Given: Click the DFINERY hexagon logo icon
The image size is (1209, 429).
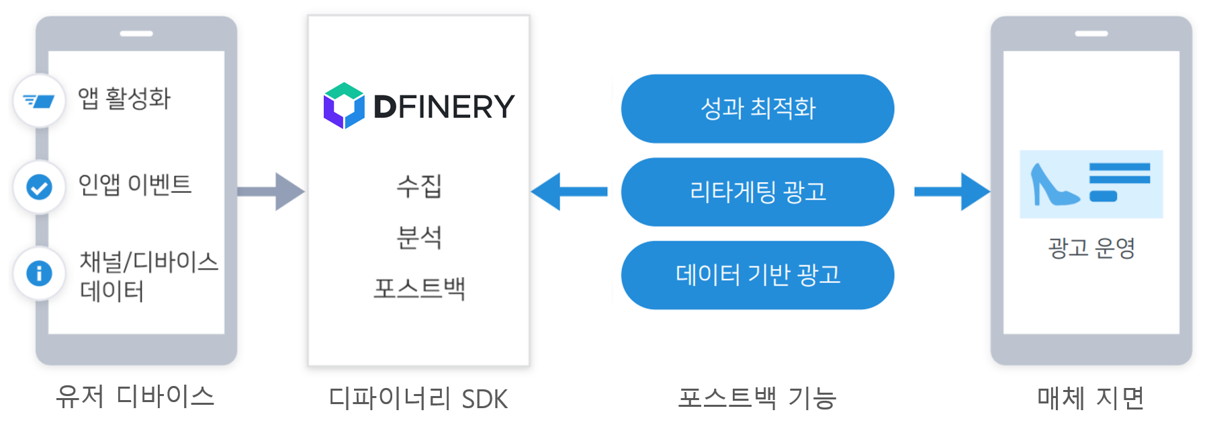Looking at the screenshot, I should pos(344,106).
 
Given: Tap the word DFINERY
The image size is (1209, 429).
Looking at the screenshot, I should pos(444,107).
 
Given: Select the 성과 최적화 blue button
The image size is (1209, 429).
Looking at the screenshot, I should pos(758,108).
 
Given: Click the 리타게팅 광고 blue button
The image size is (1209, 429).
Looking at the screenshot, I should pos(758,192).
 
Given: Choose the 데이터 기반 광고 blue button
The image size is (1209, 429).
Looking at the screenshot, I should pos(758,275).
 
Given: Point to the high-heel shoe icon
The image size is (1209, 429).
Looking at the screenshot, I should pos(1053,185).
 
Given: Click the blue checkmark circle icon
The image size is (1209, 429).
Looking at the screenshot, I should pos(39,187).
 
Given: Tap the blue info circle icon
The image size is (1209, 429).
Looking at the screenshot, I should pos(39,273).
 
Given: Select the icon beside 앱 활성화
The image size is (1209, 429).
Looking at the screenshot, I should pos(39,101).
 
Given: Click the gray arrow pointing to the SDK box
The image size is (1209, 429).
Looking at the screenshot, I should pos(272,192).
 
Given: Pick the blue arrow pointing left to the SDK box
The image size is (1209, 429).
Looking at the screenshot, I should pos(568,192).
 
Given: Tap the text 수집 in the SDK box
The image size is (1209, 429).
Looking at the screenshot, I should pos(419,186).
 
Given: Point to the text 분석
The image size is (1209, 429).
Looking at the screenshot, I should pos(419,237).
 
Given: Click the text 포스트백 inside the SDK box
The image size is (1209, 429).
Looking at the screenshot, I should pos(419,288).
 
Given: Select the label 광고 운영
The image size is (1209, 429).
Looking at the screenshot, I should pos(1091,248).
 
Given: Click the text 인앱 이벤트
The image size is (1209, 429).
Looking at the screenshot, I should pos(135,184).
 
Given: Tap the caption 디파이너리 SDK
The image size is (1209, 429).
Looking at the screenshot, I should pos(418,399).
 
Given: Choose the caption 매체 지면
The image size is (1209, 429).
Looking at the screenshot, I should pos(1091,398).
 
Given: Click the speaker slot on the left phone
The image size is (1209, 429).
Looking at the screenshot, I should pos(136,34).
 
